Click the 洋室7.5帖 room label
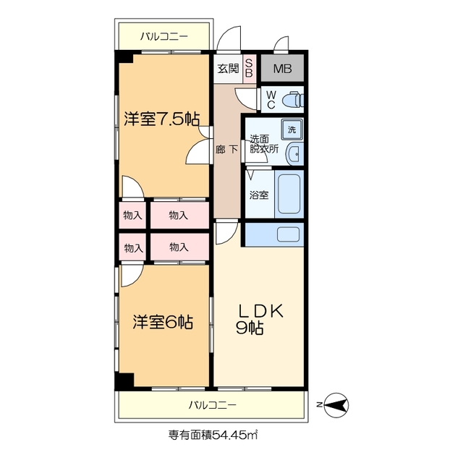[161, 119]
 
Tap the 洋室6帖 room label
[162, 322]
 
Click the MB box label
[282, 69]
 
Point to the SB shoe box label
[249, 69]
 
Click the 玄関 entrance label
[228, 69]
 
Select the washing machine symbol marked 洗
[292, 129]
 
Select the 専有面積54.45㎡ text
[213, 435]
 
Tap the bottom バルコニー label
[213, 404]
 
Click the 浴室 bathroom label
[259, 195]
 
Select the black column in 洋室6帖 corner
[125, 381]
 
